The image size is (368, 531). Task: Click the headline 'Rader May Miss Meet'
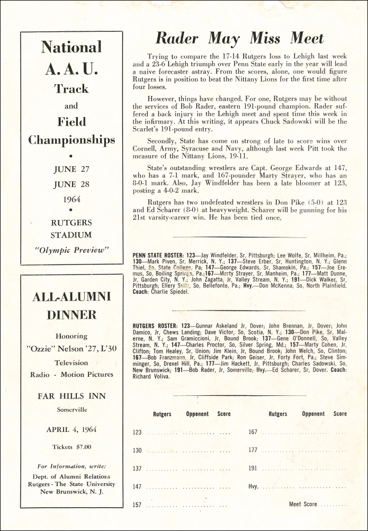239,38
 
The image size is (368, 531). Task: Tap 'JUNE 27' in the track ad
71,170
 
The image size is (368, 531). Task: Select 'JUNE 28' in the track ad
71,185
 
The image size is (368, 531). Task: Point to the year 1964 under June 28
71,200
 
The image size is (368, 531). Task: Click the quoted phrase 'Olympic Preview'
71,249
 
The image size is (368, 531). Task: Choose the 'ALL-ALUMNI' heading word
71,297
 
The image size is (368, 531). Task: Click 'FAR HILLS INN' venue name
71,396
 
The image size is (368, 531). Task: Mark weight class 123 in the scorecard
137,432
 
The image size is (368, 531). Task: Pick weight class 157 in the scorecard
137,505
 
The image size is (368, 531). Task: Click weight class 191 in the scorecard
253,468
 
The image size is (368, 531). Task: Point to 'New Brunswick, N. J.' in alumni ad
71,491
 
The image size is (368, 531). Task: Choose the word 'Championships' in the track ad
71,140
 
